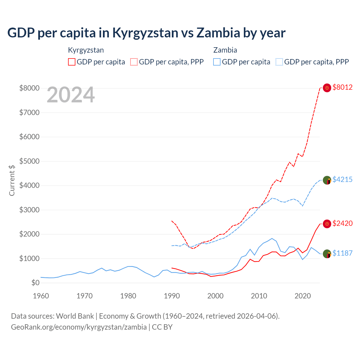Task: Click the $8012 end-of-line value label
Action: coord(342,87)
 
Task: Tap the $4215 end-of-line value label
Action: coord(342,179)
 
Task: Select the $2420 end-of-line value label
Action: coord(342,223)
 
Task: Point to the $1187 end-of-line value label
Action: coord(342,253)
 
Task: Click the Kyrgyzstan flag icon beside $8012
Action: coord(327,88)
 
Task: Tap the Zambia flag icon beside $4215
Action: coord(327,180)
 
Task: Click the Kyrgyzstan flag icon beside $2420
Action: coord(327,224)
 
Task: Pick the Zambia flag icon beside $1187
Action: coord(327,254)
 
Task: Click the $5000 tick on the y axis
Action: coord(29,161)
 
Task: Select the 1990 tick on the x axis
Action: coord(172,296)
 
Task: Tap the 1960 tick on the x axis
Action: coord(41,296)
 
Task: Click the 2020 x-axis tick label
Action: coord(303,296)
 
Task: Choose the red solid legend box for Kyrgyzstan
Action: coord(72,62)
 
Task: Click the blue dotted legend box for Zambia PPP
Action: coord(279,62)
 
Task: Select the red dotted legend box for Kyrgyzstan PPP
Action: coord(134,62)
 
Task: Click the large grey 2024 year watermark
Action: coord(71,95)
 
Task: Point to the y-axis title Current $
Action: coord(12,180)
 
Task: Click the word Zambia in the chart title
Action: coord(218,33)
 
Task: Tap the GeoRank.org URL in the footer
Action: coord(79,327)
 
